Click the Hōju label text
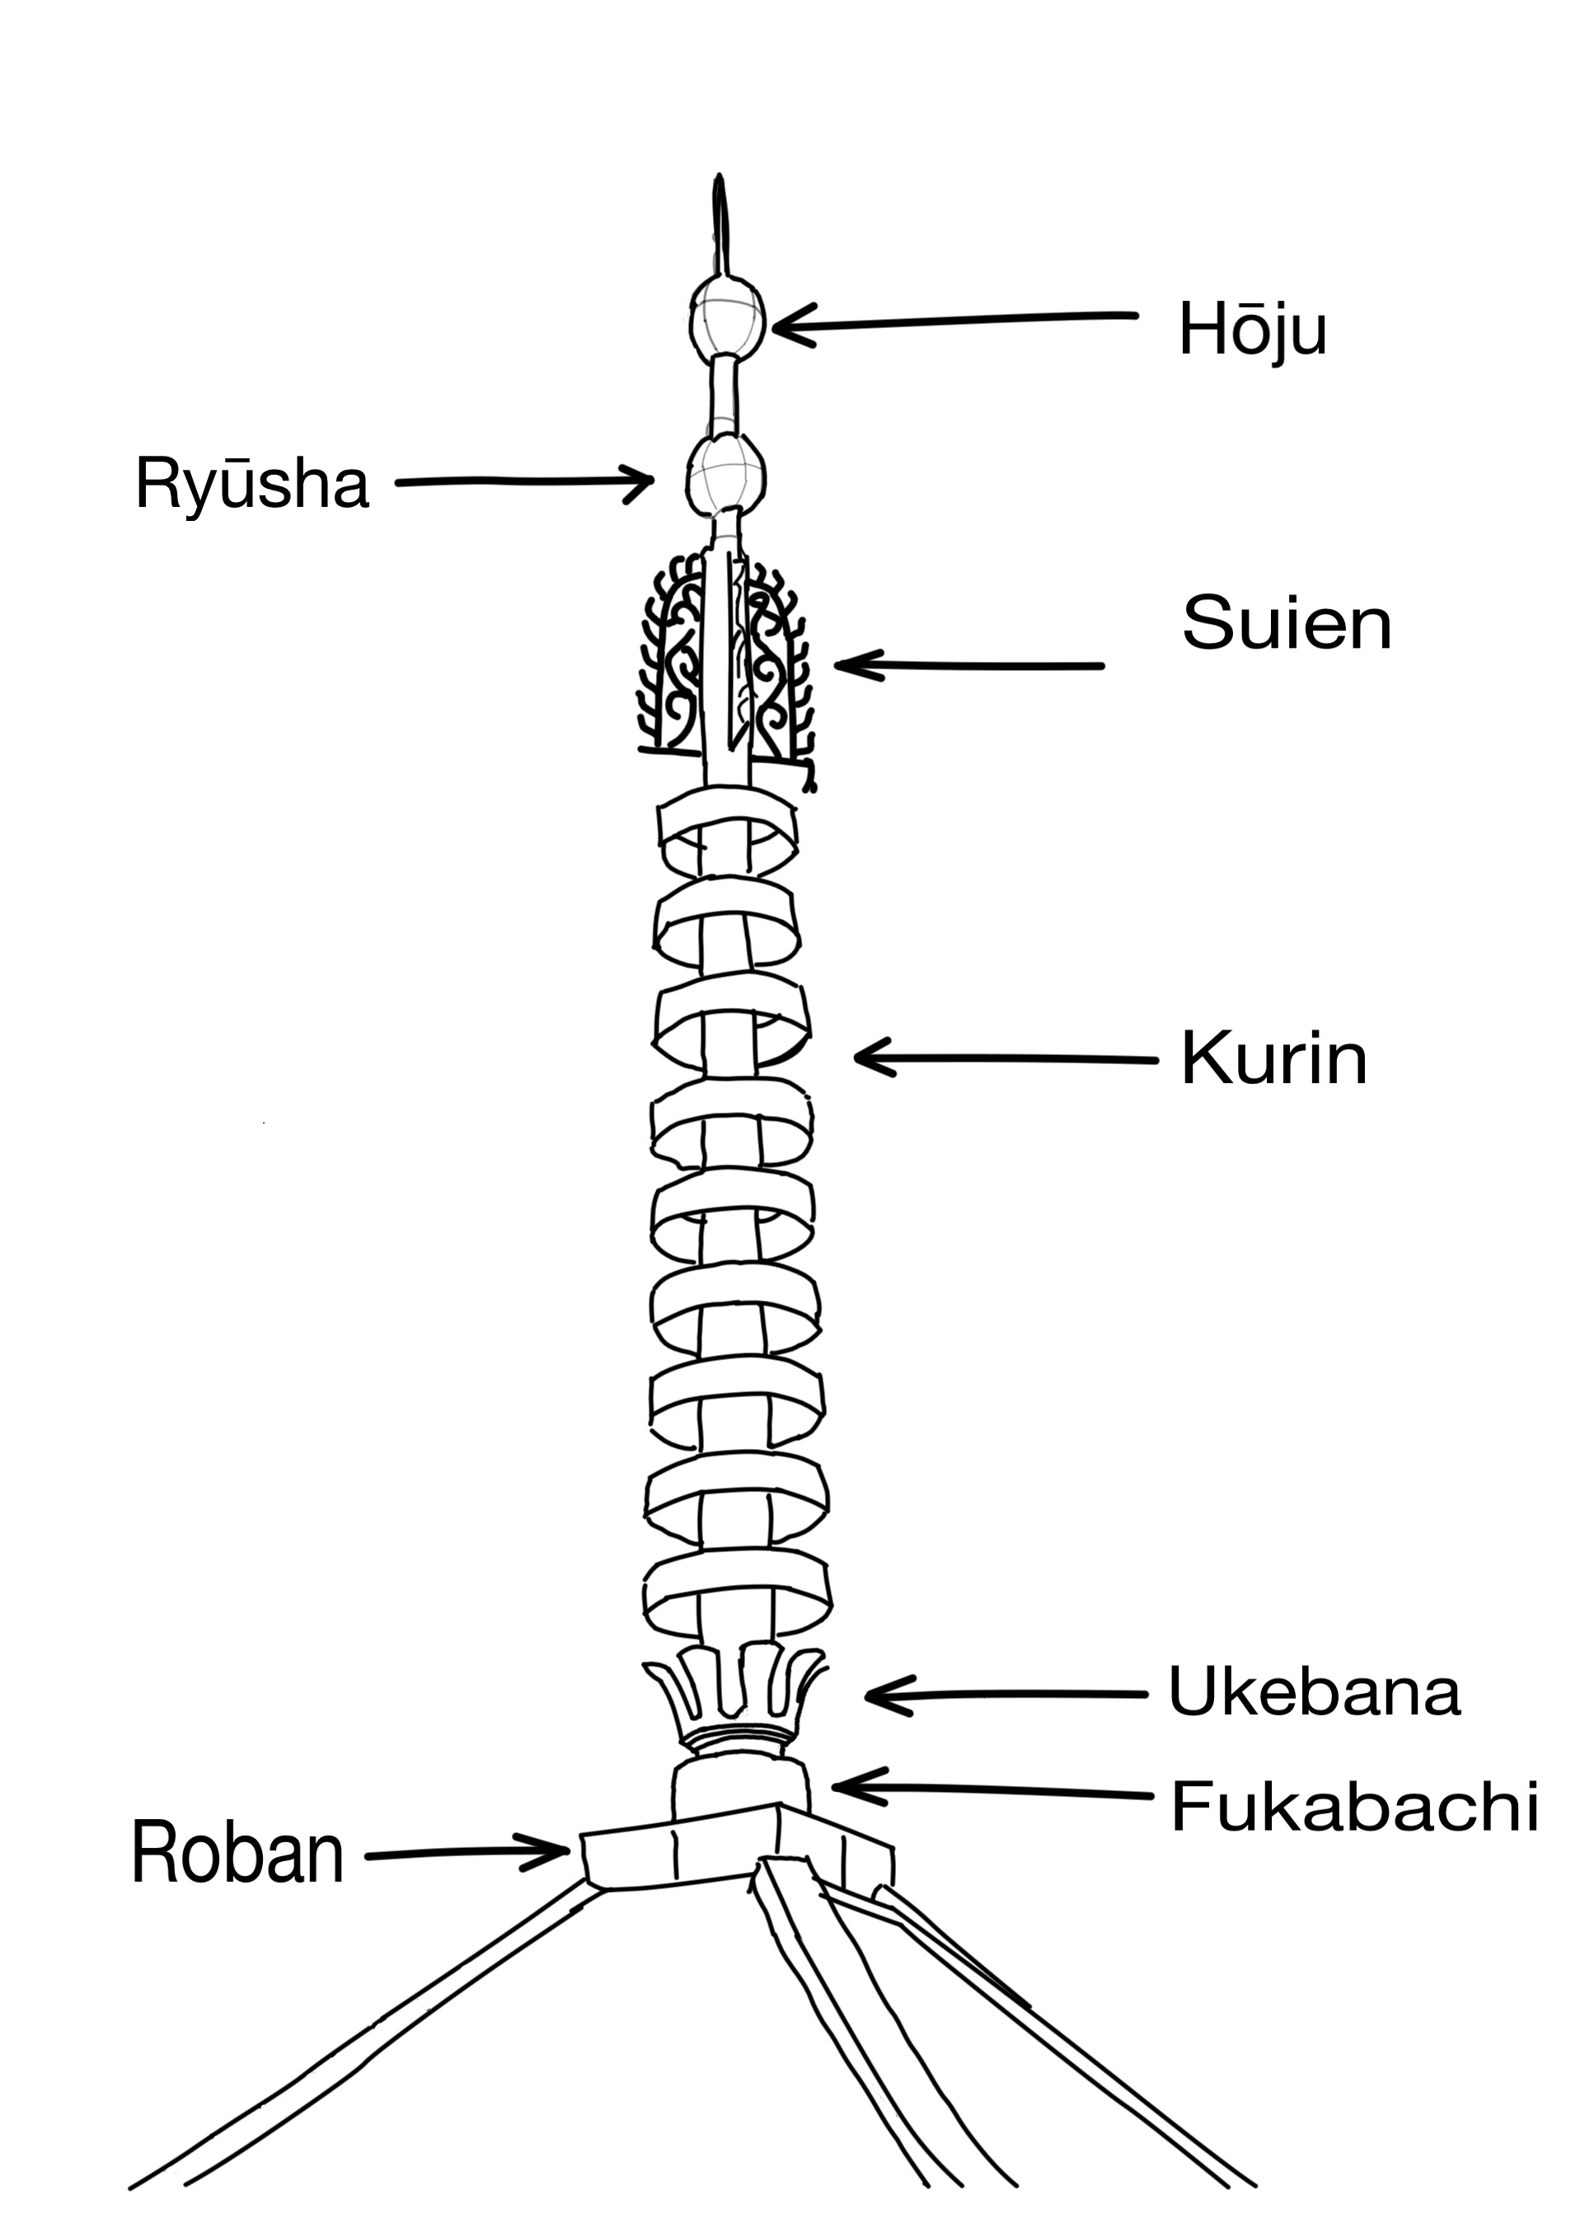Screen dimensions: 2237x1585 pos(1252,330)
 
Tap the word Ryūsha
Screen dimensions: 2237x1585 pos(252,484)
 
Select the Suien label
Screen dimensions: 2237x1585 pos(1287,624)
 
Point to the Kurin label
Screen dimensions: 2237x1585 pos(1273,1059)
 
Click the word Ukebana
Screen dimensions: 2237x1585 pos(1314,1691)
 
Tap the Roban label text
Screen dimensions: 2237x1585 pos(237,1855)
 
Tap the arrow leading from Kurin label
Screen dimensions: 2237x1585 pos(1006,1058)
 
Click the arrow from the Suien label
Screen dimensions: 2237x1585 pos(966,666)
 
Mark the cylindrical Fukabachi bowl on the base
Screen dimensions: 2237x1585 pos(740,1786)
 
